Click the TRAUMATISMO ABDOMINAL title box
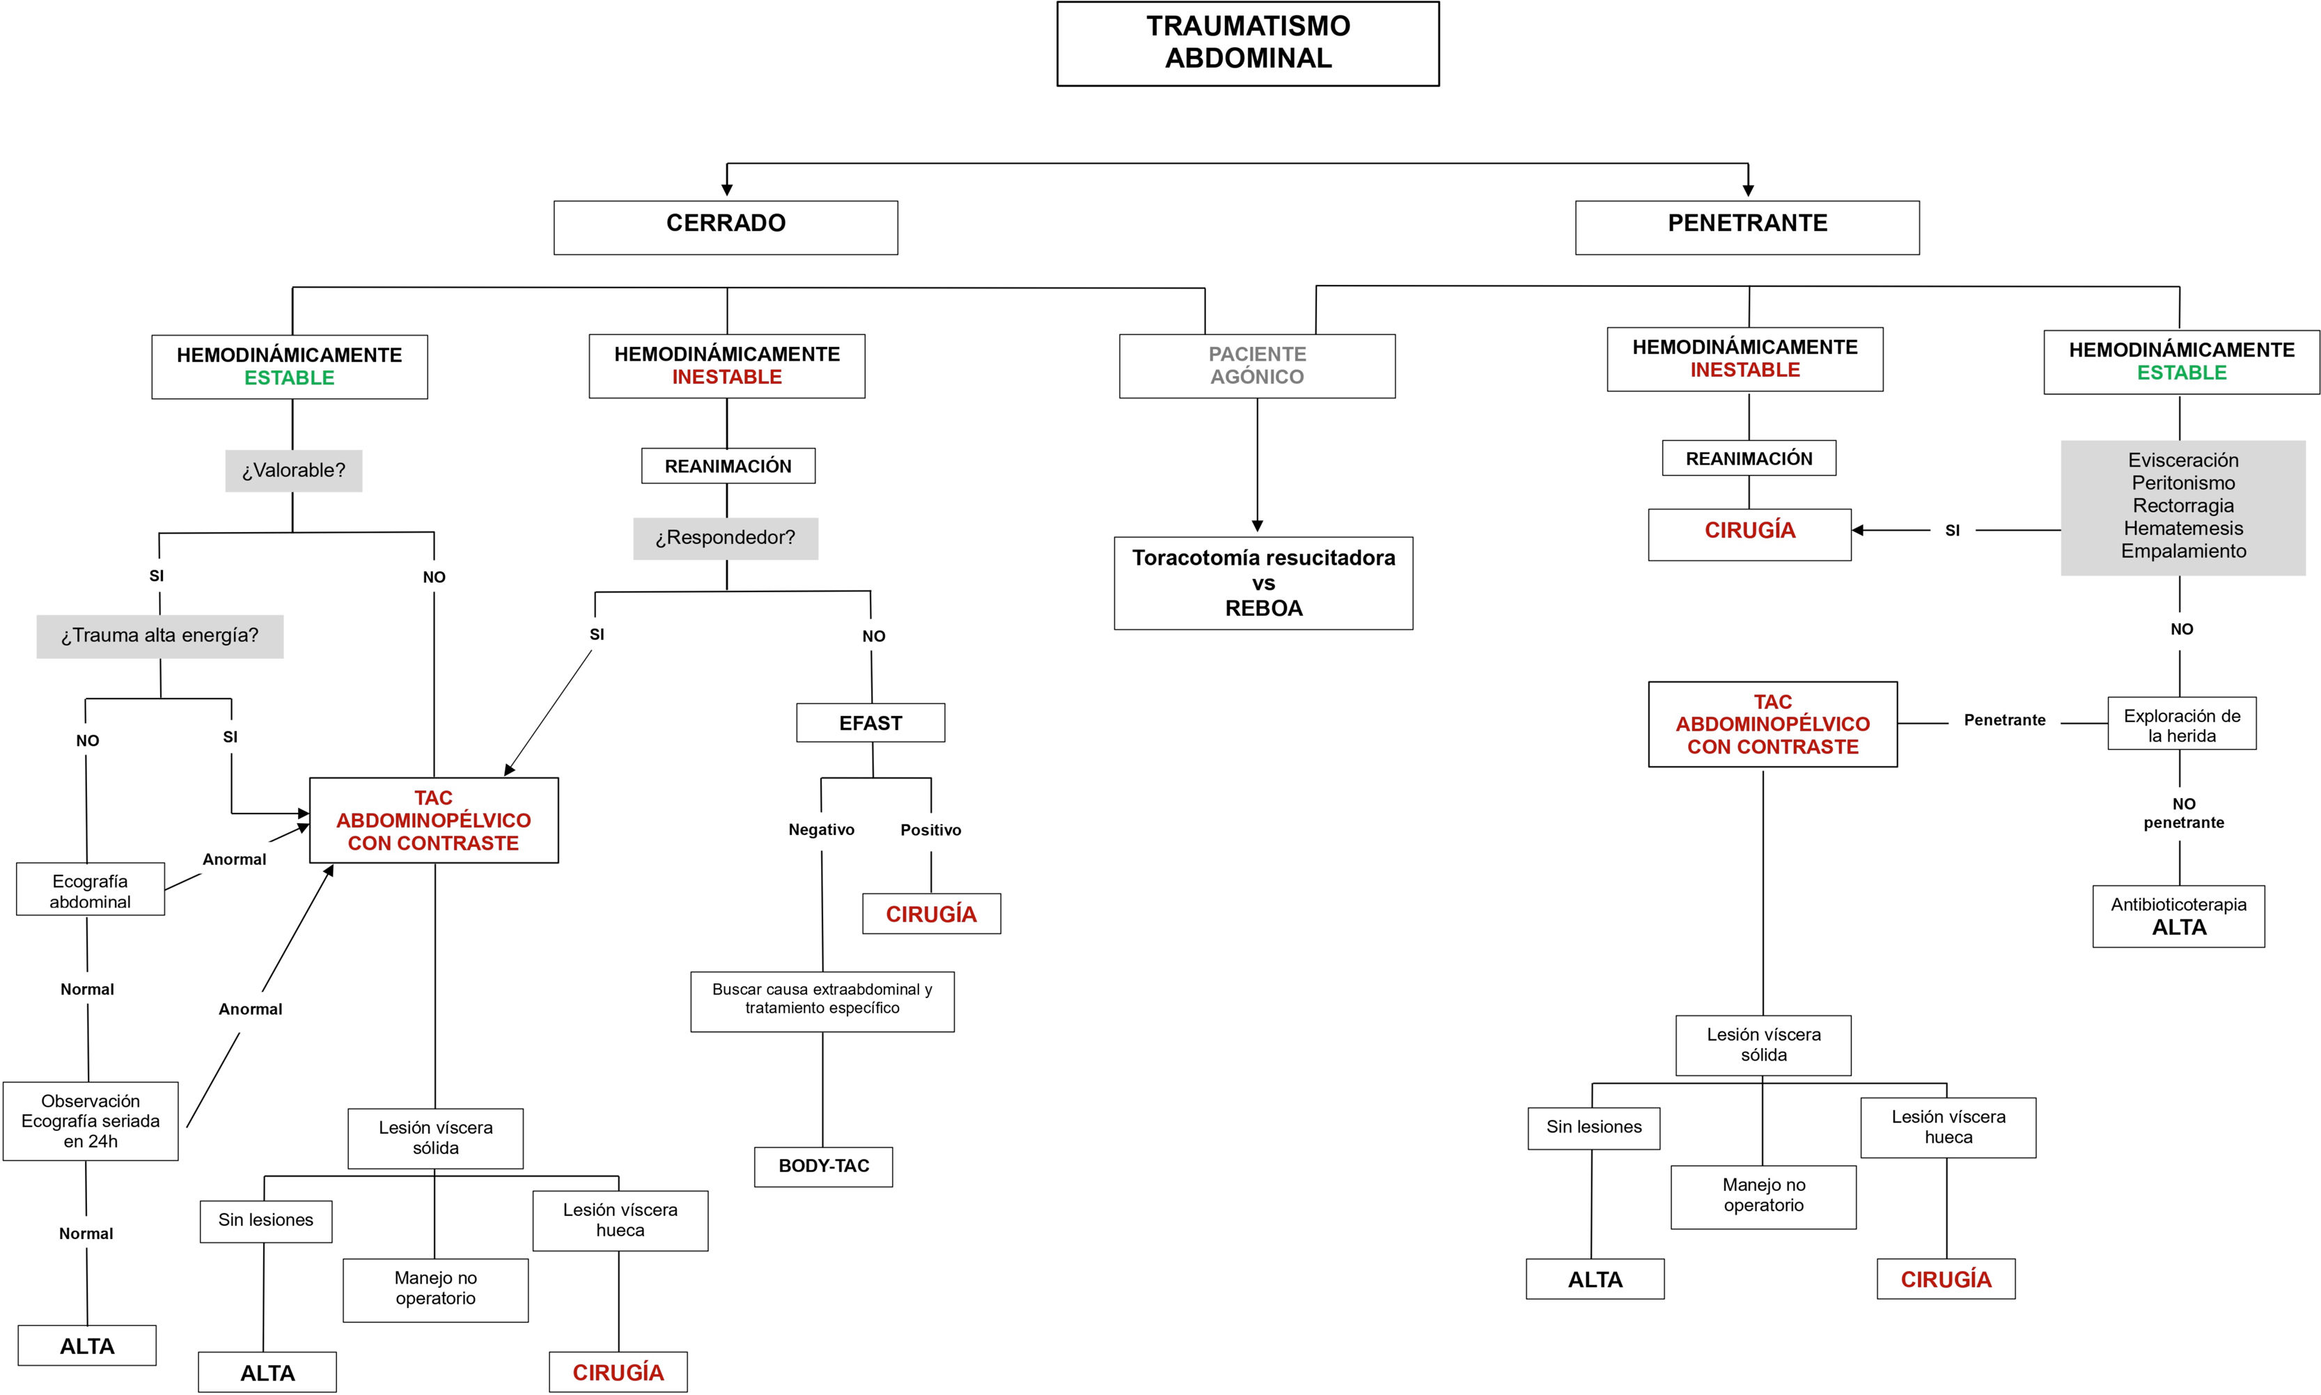[1247, 43]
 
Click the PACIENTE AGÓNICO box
[1256, 366]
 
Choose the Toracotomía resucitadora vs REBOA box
[1263, 583]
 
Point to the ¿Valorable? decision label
[293, 470]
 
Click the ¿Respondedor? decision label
[726, 538]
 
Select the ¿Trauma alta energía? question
[159, 635]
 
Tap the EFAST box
[870, 723]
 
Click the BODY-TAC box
[823, 1166]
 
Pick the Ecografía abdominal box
[91, 889]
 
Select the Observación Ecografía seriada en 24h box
[91, 1121]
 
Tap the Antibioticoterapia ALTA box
[2178, 916]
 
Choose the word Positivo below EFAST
[930, 830]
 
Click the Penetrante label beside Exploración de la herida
[2004, 720]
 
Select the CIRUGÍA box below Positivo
[931, 914]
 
